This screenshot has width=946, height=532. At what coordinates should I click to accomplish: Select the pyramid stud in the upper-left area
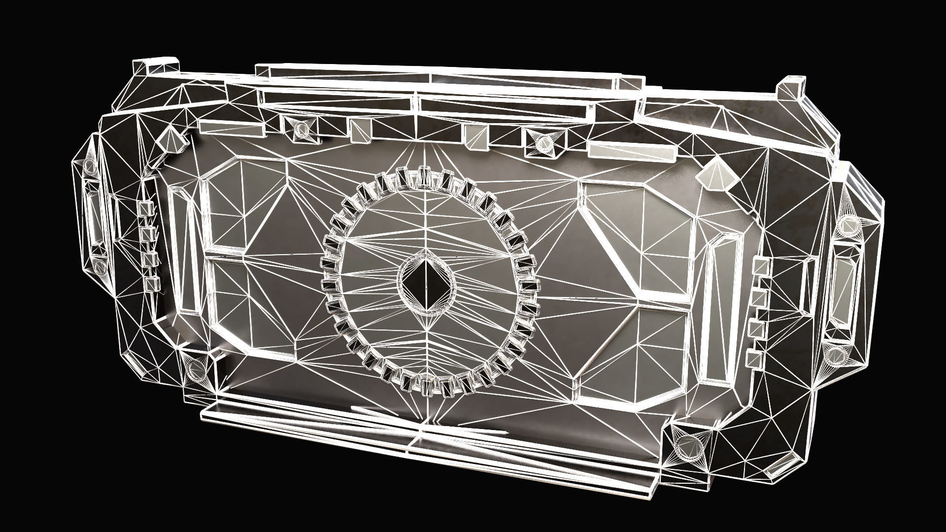click(x=170, y=139)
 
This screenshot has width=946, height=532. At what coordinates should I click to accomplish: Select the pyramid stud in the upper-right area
click(x=714, y=174)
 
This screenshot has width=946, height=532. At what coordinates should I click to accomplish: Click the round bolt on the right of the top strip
click(x=543, y=143)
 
